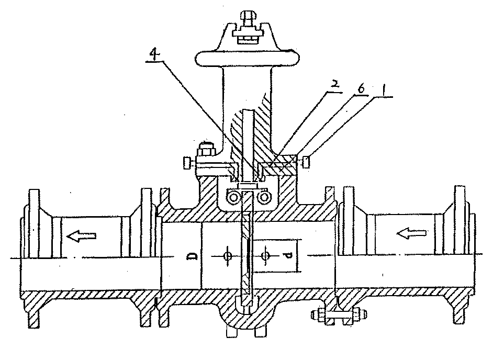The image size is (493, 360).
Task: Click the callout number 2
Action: point(334,85)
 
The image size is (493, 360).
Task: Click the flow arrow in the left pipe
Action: point(81,235)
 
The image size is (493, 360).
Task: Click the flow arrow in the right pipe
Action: point(412,233)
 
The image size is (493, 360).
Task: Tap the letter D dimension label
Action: point(192,256)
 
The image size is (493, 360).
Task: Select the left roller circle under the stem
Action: point(234,197)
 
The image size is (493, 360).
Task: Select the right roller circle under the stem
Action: point(263,197)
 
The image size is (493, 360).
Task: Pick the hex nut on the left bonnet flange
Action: point(206,150)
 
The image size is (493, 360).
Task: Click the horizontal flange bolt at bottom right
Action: point(339,314)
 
